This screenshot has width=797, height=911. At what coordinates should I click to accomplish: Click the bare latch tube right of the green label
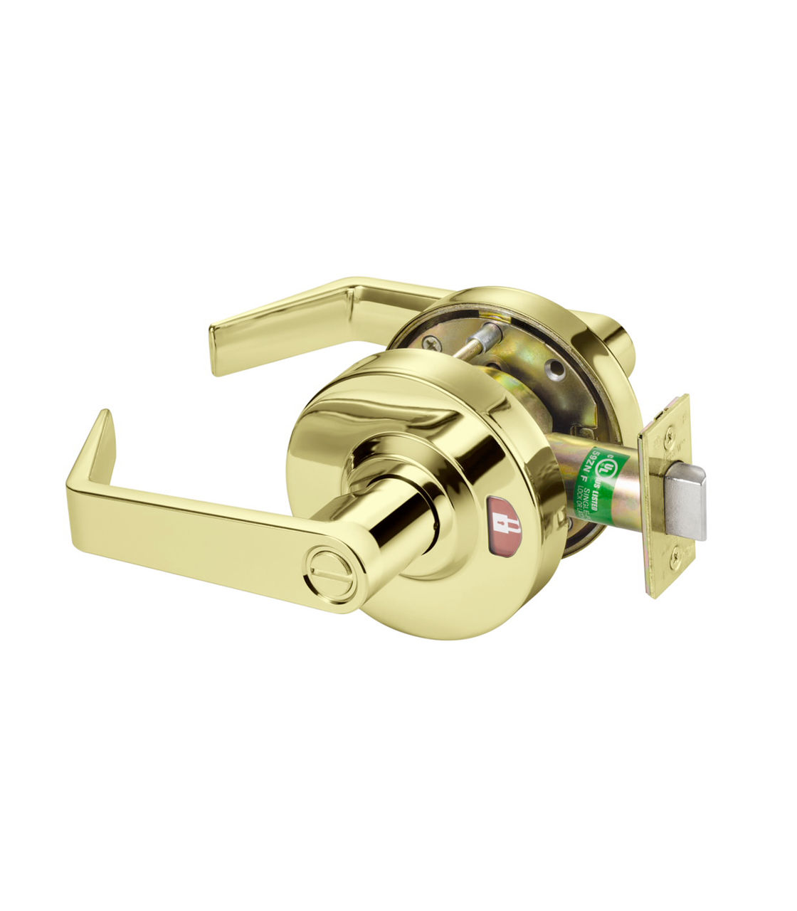626,491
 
